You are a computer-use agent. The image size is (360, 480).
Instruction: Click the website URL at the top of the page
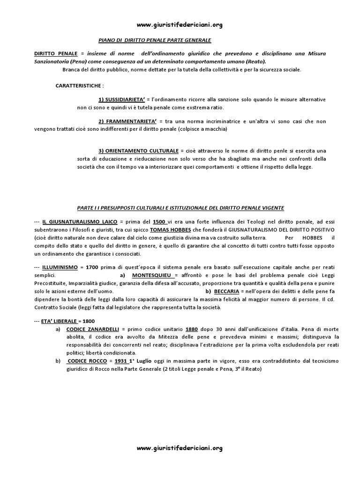pyautogui.click(x=180, y=25)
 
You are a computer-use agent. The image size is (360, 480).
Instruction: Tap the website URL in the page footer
pyautogui.click(x=180, y=448)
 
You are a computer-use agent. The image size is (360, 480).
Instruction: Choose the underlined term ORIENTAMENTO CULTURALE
pyautogui.click(x=138, y=150)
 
